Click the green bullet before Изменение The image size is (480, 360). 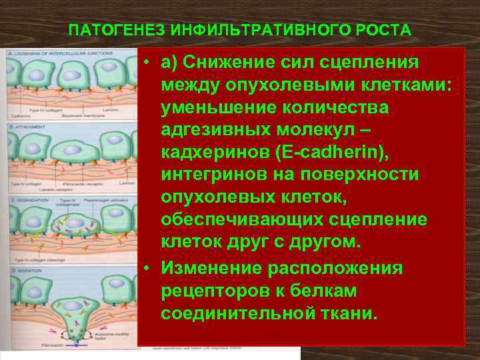tap(145, 268)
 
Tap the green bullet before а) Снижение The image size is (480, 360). tap(145, 62)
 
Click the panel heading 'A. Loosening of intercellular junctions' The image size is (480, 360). tap(48, 53)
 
